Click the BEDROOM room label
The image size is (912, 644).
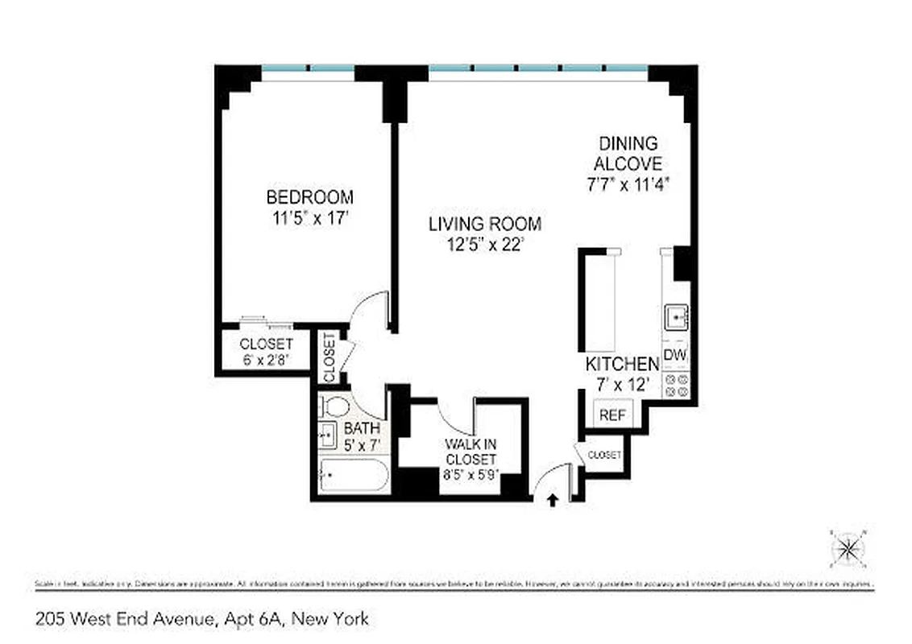[309, 196]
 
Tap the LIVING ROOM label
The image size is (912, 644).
[484, 224]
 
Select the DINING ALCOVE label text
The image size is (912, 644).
[628, 154]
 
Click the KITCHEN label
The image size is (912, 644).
[622, 363]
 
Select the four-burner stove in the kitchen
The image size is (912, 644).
[675, 385]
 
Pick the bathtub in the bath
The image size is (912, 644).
[352, 476]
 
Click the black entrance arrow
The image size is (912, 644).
[553, 501]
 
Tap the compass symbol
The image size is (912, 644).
[848, 549]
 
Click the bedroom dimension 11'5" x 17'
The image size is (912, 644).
[309, 217]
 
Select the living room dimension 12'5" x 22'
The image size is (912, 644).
[484, 244]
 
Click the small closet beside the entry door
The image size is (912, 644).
[603, 456]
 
